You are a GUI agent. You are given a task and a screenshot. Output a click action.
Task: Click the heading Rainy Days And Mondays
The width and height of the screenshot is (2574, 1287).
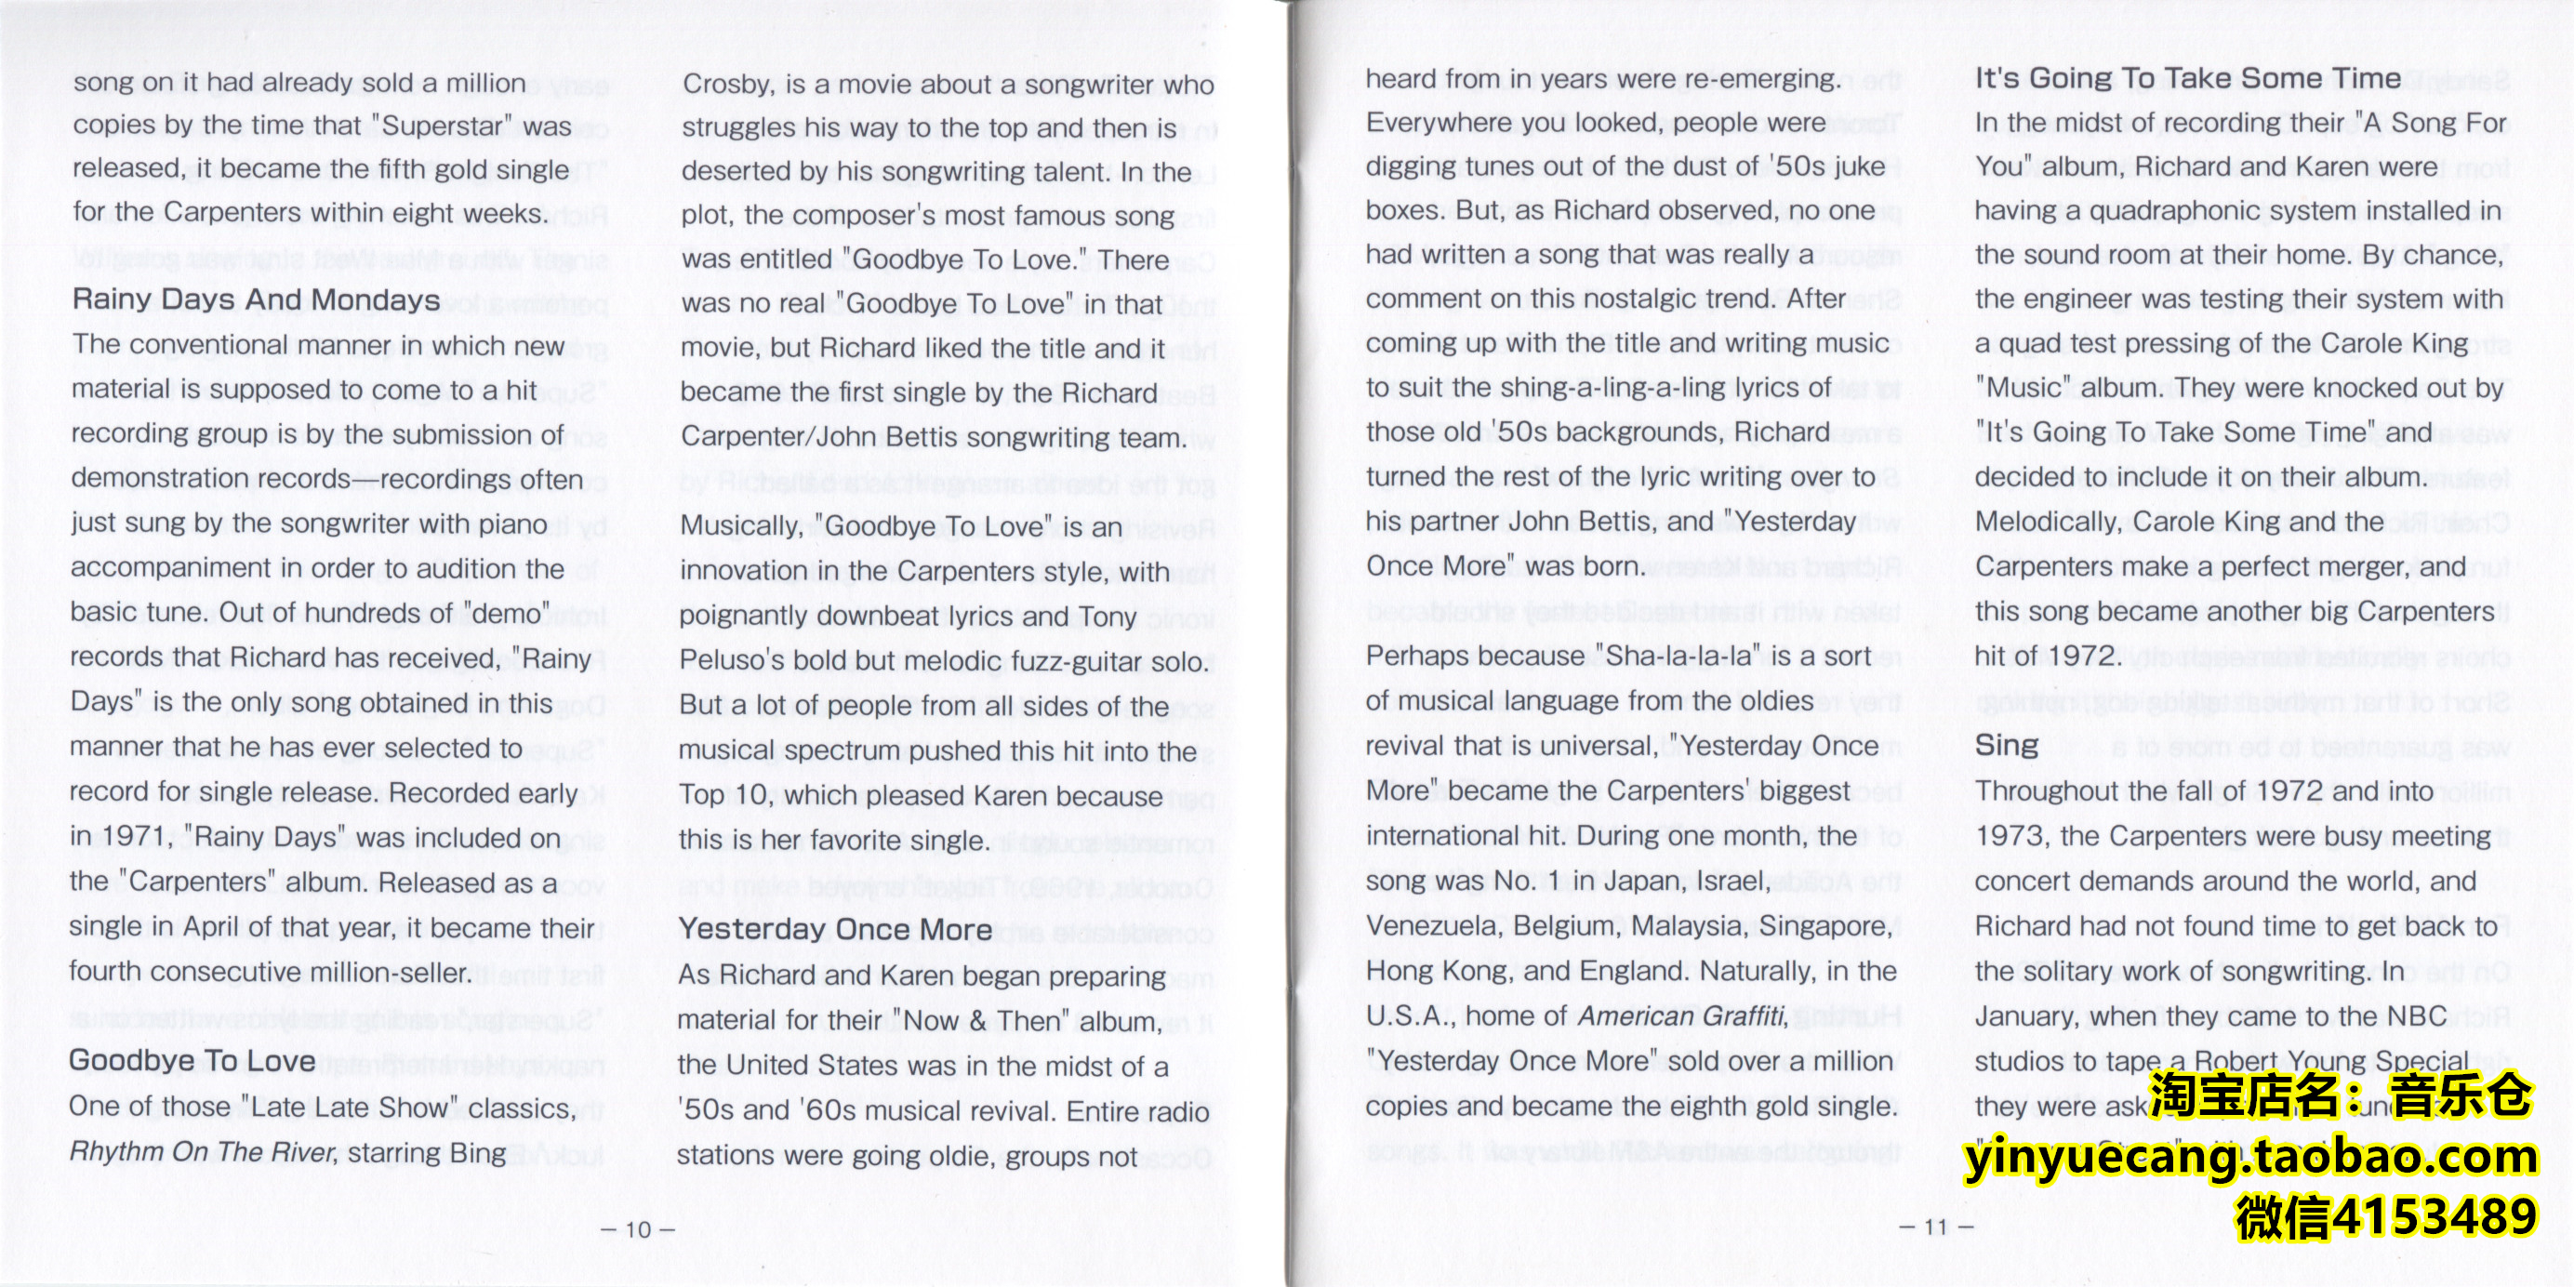[x=256, y=299]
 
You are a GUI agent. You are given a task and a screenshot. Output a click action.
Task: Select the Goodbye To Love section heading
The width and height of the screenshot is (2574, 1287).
[x=192, y=1060]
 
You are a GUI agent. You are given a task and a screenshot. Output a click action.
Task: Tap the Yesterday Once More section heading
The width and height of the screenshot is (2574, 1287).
[x=835, y=929]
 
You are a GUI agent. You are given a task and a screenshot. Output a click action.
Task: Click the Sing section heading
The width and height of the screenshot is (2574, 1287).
[x=2007, y=745]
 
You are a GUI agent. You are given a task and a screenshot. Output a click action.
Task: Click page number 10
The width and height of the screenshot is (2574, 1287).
[x=638, y=1229]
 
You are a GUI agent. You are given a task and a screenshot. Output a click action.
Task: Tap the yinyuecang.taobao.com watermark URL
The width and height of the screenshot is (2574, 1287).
[x=2250, y=1157]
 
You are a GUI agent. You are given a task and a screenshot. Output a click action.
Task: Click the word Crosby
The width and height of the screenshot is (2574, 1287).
[x=728, y=84]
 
